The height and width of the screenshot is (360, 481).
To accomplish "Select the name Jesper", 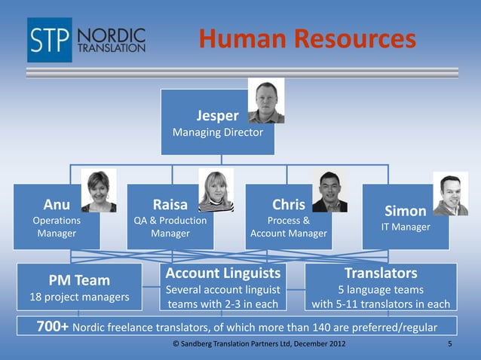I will (x=217, y=115).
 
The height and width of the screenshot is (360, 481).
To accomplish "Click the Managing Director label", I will (x=218, y=133).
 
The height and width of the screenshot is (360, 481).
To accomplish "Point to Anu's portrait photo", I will (x=99, y=191).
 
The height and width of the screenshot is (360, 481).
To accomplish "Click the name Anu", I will (x=56, y=205).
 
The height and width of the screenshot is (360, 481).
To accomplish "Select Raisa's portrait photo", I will (x=216, y=190).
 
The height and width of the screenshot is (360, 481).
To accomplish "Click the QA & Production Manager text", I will (x=170, y=227).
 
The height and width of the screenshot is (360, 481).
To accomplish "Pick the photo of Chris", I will (x=329, y=191).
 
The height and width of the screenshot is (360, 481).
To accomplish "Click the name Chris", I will (x=288, y=205).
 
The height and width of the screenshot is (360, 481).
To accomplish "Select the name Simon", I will (x=406, y=211).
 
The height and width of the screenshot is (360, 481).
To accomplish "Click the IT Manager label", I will (x=406, y=227).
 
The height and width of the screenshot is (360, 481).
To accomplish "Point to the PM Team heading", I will (x=79, y=281).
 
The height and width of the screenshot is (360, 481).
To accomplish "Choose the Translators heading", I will (x=381, y=273).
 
